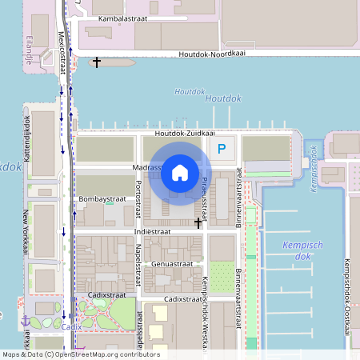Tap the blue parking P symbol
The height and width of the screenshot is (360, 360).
point(222,147)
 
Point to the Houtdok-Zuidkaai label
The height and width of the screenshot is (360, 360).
point(185,133)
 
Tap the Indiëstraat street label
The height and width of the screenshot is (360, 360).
point(151,231)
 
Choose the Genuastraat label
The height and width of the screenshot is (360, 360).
point(172,262)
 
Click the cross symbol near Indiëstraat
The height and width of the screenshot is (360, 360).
point(198,222)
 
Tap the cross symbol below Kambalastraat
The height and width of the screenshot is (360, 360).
point(97,62)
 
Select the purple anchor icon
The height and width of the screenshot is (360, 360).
point(26,320)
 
